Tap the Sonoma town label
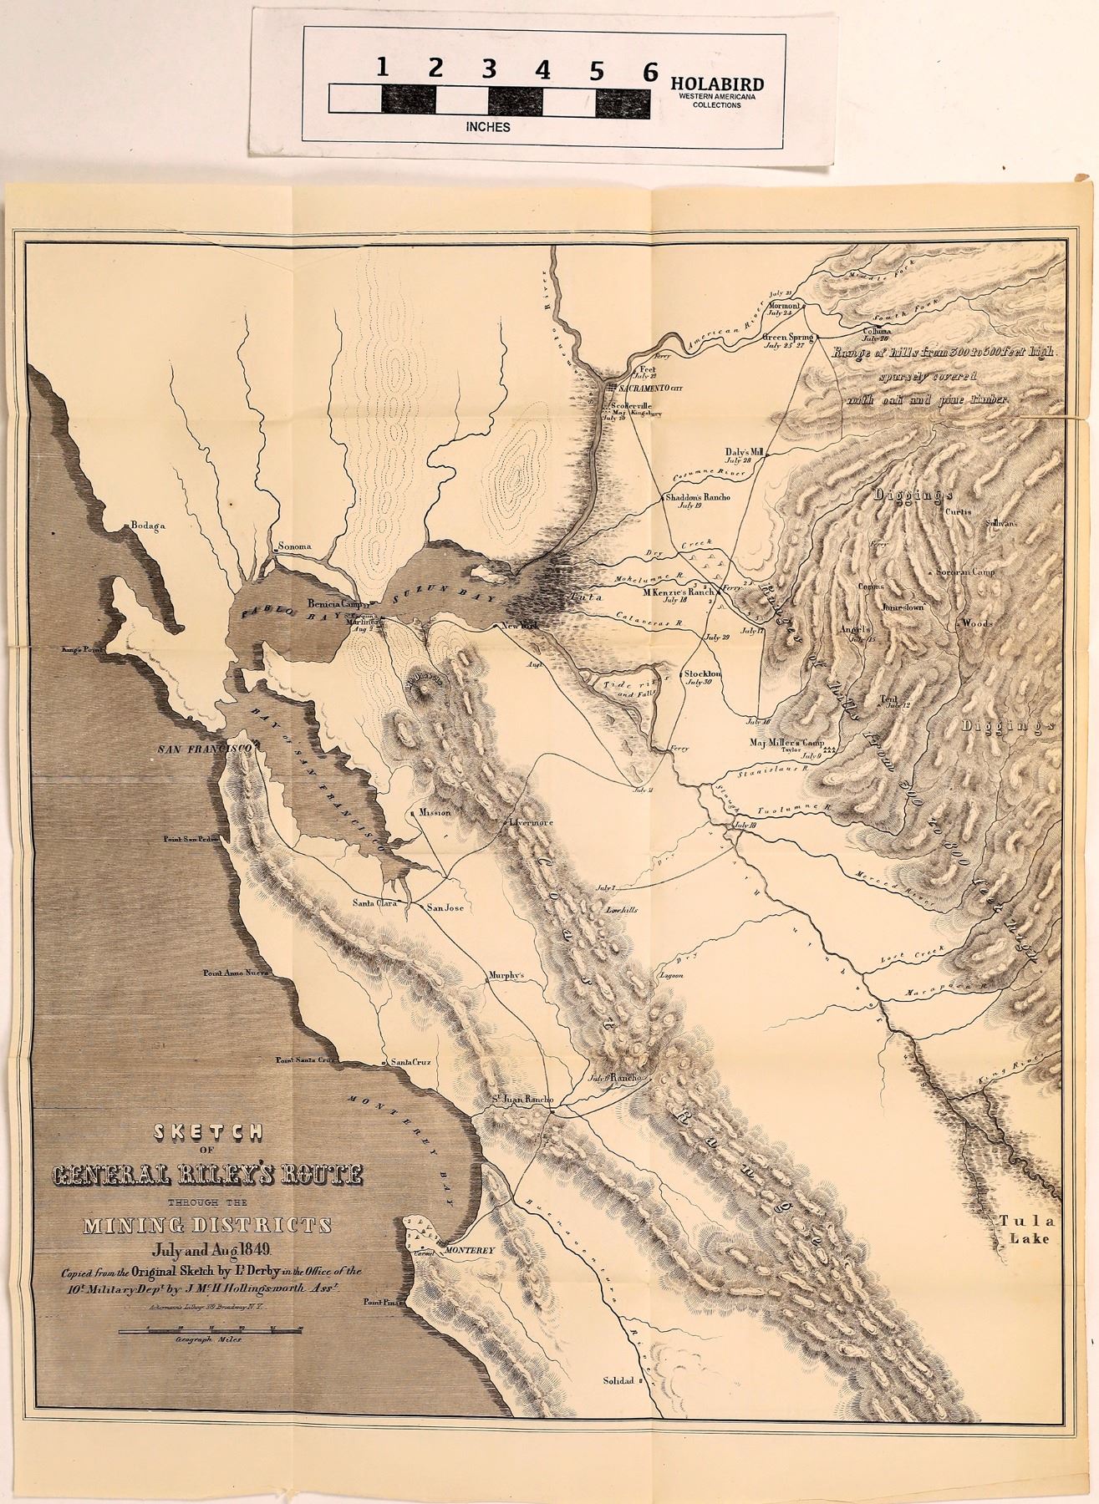coord(293,546)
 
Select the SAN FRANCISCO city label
coord(206,749)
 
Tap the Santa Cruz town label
coord(410,1062)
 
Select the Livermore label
coord(532,822)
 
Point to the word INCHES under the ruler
coord(488,127)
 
